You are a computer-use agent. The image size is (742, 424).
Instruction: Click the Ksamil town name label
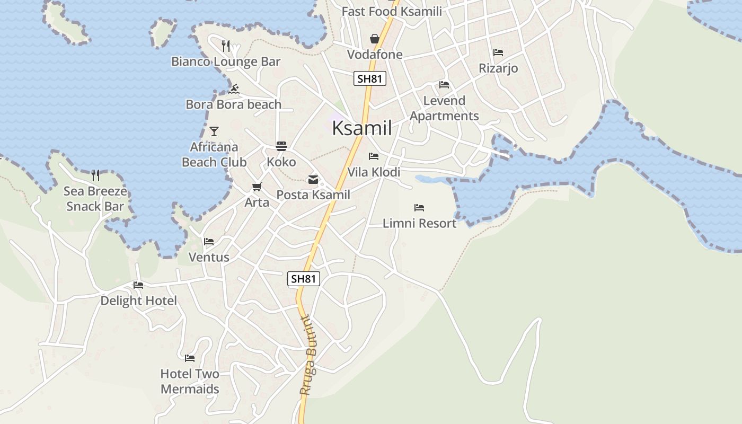point(362,129)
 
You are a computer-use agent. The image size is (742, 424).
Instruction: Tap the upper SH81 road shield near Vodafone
point(370,79)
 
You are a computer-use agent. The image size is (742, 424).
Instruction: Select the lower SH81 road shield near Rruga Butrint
point(304,279)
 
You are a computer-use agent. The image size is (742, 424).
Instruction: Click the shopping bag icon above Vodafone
point(375,39)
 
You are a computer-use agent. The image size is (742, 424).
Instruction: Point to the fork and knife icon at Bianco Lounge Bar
point(226,46)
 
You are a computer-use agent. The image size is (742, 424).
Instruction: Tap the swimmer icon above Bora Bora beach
point(234,89)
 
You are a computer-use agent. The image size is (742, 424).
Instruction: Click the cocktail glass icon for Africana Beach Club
point(214,131)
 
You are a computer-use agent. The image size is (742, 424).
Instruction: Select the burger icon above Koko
point(281,146)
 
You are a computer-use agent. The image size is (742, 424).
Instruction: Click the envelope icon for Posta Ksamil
point(313,180)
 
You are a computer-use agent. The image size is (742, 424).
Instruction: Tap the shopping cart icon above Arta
point(257,187)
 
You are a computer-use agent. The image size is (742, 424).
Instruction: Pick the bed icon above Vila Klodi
point(374,157)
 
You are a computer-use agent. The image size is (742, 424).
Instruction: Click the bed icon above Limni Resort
point(419,208)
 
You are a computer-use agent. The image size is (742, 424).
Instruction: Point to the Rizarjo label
point(498,68)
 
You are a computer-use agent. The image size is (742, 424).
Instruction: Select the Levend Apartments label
point(444,108)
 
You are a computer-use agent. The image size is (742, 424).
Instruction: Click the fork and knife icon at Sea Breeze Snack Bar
point(95,175)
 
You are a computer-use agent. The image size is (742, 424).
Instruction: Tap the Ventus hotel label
point(209,258)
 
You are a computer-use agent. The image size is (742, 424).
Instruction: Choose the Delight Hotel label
point(139,301)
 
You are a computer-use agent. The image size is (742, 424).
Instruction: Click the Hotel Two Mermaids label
point(190,382)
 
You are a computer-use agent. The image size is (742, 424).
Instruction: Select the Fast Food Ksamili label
point(392,12)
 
